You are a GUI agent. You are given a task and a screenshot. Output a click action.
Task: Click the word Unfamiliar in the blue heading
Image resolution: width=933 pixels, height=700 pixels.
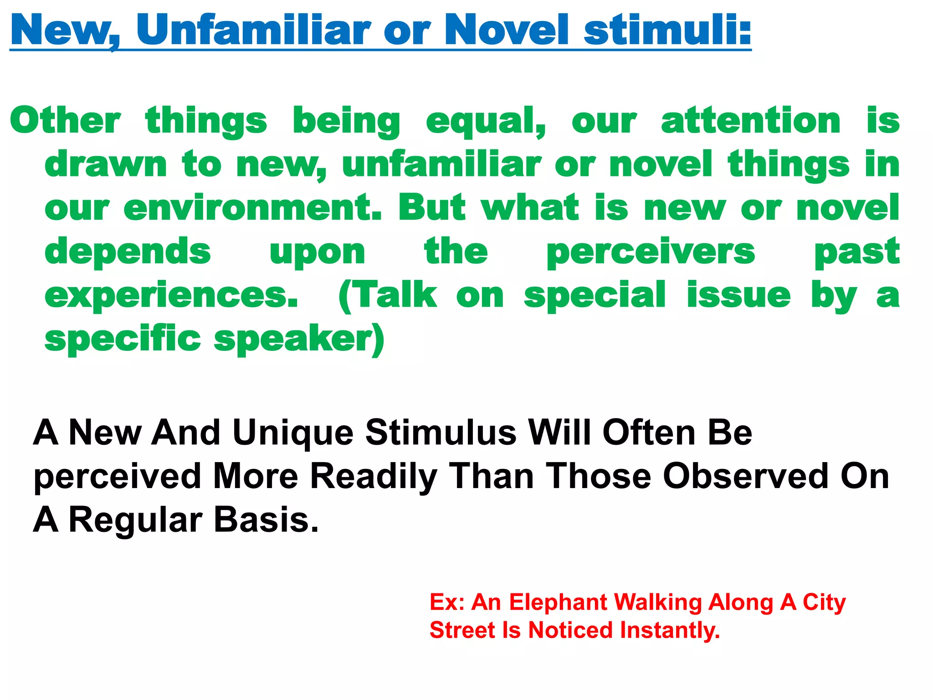point(253,30)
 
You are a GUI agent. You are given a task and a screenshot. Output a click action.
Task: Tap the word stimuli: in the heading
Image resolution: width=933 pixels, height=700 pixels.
point(667,30)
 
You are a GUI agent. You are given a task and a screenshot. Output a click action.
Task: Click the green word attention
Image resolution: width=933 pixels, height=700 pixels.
point(751,121)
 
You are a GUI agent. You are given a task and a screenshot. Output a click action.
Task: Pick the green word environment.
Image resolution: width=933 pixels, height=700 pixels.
point(253,208)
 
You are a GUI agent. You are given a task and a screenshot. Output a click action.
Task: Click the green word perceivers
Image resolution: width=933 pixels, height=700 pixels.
point(651,252)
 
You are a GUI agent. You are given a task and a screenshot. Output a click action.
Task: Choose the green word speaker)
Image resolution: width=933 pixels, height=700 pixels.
point(299,340)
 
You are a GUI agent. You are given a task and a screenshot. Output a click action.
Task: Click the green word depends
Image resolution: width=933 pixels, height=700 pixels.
point(128,252)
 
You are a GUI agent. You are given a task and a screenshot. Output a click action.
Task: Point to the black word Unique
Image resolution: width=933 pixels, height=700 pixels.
point(293,433)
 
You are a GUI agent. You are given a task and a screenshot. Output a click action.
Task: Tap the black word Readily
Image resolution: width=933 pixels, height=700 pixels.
point(374,477)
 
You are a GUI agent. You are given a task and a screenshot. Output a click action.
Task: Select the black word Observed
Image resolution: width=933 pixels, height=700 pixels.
point(745,476)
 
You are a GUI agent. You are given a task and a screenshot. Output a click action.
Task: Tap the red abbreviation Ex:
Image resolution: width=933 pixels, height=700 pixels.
point(447,602)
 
